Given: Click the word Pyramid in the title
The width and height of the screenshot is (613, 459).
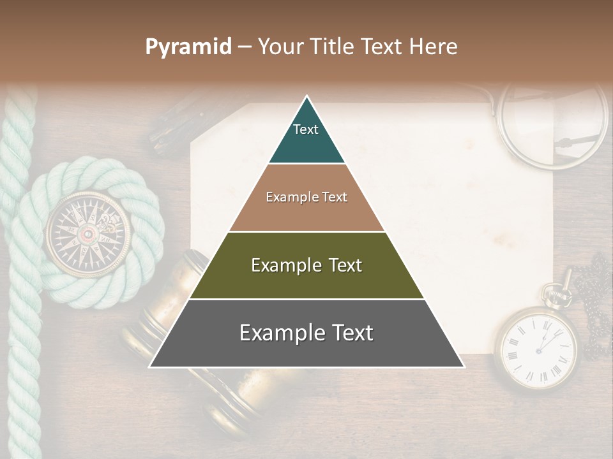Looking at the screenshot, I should click(188, 47).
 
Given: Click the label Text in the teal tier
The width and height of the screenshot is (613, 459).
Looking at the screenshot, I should click(306, 129).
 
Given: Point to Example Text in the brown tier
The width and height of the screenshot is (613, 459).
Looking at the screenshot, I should click(306, 197).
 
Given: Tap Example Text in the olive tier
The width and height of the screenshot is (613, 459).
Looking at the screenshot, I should click(306, 265).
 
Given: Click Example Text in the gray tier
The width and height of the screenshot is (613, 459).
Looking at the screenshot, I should click(306, 333).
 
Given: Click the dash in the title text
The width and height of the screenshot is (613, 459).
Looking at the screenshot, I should click(245, 47).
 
